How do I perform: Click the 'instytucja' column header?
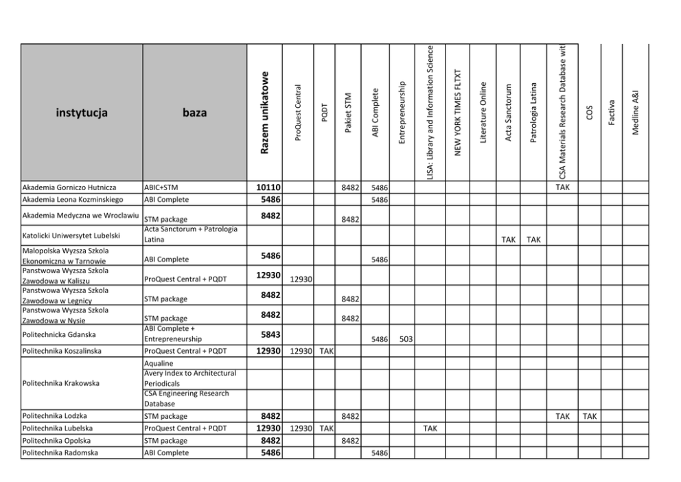pos(82,113)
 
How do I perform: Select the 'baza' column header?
pos(194,113)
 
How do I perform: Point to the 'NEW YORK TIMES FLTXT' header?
pos(458,113)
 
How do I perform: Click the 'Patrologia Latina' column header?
pos(533,113)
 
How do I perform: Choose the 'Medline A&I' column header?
pos(636,113)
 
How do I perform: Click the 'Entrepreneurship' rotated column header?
pos(402,113)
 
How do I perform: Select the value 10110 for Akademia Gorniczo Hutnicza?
pos(268,187)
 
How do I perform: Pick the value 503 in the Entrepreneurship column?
pos(406,339)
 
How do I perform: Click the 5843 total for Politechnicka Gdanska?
pos(269,335)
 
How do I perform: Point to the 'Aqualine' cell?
pos(159,363)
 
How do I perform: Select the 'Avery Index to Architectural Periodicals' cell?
pos(189,378)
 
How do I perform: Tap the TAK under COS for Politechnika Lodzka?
pos(589,416)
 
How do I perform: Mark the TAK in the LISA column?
pos(430,428)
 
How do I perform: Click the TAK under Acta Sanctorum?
pos(508,240)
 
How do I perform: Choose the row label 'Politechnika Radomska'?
pos(60,453)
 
